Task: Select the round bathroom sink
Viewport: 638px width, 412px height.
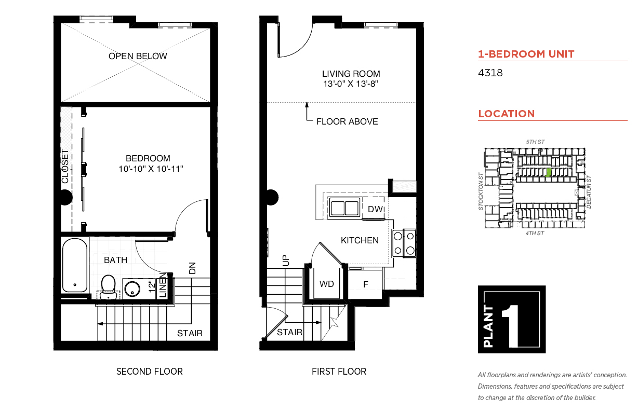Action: pos(132,289)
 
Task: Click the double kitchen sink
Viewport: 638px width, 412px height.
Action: pos(344,208)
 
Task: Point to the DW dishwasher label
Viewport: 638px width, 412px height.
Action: pos(376,209)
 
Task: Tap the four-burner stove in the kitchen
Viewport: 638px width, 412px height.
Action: pos(404,243)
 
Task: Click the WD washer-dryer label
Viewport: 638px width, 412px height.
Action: pos(326,284)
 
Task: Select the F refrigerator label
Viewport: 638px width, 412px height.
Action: pos(366,284)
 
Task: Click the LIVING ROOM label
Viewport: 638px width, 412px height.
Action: pos(351,74)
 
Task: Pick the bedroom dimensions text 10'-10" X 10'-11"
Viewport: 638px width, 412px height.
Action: pos(151,169)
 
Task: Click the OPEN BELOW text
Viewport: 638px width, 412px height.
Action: pos(138,56)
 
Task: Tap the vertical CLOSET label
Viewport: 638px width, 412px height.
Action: pos(65,167)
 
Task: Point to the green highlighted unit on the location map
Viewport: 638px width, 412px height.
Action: pos(548,172)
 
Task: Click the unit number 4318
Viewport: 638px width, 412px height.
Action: pos(490,73)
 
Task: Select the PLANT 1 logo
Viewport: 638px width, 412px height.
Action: pos(512,319)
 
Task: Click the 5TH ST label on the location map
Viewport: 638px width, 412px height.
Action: pos(535,142)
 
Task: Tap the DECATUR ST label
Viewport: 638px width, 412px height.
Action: pos(589,192)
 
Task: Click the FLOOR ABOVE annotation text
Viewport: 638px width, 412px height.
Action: pos(347,121)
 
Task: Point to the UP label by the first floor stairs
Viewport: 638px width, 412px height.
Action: pos(286,260)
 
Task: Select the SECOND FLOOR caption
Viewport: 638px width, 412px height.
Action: pos(150,372)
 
